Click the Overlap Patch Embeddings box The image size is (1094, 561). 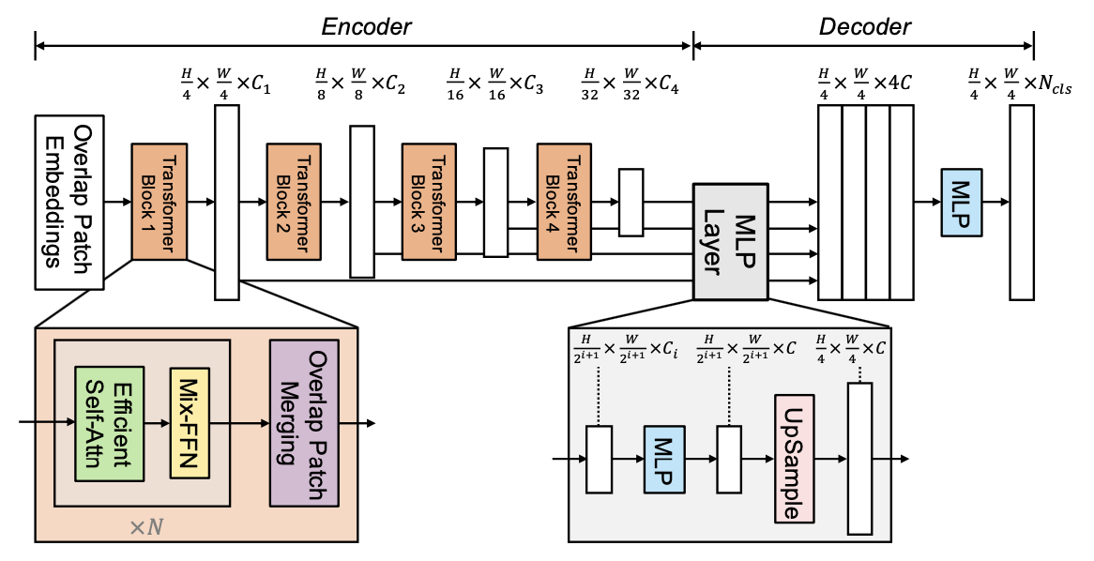pyautogui.click(x=69, y=202)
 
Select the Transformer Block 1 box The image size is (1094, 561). pyautogui.click(x=160, y=202)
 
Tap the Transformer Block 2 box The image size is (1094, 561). pyautogui.click(x=295, y=202)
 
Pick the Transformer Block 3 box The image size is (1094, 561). pyautogui.click(x=430, y=202)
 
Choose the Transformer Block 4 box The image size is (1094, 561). pyautogui.click(x=565, y=202)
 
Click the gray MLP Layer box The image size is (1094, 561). pyautogui.click(x=724, y=241)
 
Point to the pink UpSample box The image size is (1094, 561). pyautogui.click(x=794, y=458)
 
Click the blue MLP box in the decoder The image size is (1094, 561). pyautogui.click(x=962, y=203)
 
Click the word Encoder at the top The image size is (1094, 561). pyautogui.click(x=366, y=26)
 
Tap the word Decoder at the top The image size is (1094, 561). pyautogui.click(x=864, y=26)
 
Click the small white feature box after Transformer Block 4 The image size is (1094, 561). pyautogui.click(x=631, y=202)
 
